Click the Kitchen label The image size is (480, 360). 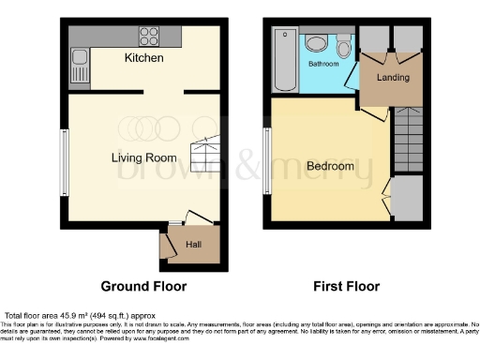tap(143, 58)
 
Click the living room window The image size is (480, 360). tap(66, 161)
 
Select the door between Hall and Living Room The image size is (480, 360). tap(195, 218)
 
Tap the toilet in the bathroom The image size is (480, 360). tap(343, 48)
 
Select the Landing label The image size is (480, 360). tap(393, 77)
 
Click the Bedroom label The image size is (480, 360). tap(330, 166)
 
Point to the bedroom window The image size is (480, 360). tap(265, 161)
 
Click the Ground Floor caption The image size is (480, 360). tap(144, 286)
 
